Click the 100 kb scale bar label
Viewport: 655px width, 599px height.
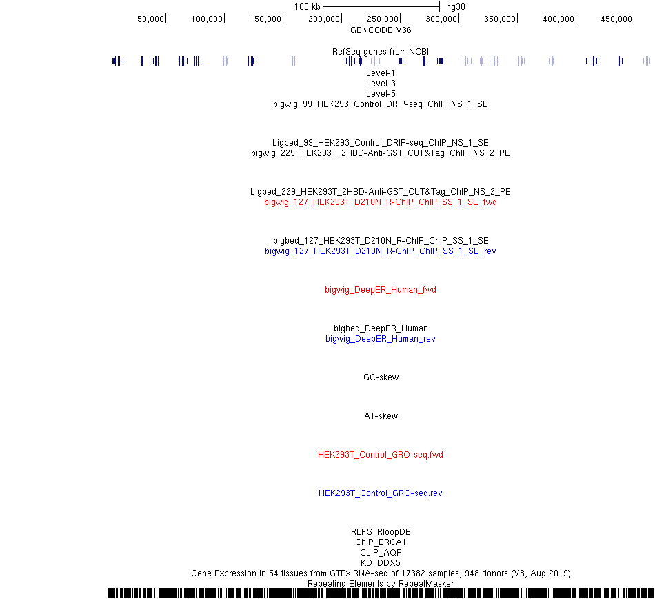pos(307,7)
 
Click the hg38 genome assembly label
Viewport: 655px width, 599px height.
pos(455,7)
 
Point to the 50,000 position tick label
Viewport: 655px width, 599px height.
pos(150,19)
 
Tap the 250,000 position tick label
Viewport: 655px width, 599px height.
pos(382,19)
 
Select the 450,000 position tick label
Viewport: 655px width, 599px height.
pos(616,19)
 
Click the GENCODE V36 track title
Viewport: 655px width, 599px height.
pos(381,30)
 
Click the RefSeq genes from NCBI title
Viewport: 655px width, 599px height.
pos(381,52)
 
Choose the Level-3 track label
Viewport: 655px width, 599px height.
pos(381,84)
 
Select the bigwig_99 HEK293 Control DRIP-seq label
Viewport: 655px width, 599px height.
pos(381,104)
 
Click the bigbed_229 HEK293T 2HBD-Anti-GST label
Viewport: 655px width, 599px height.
pos(381,191)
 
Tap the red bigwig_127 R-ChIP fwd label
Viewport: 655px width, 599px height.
pos(381,202)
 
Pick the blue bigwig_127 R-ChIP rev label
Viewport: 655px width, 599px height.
pos(381,251)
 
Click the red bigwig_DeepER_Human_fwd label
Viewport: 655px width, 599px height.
pos(381,290)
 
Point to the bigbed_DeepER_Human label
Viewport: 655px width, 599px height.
pos(381,328)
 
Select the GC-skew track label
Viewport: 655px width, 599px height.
pos(381,377)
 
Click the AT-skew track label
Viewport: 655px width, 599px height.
pos(381,416)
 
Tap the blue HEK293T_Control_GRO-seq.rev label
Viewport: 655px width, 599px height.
pos(381,493)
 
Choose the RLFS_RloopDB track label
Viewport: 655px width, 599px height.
pos(381,531)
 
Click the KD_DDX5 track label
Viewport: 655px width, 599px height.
pos(381,562)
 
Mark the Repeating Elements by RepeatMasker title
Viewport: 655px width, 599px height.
pos(381,584)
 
